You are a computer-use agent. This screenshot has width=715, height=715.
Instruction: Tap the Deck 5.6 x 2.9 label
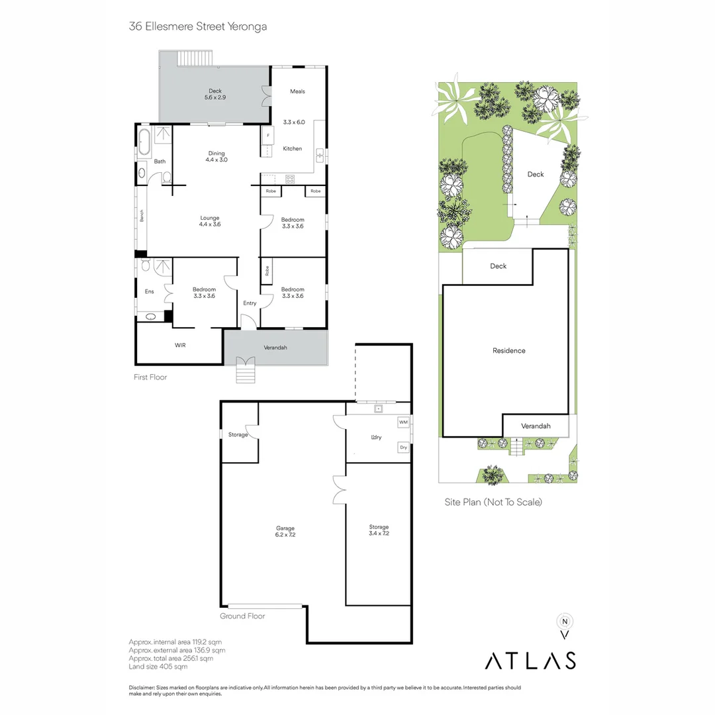[x=215, y=94]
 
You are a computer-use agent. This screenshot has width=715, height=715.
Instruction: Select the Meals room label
[x=297, y=91]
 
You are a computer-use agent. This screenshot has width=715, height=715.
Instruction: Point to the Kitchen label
[x=292, y=149]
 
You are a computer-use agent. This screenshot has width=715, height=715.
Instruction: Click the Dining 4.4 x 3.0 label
[x=216, y=156]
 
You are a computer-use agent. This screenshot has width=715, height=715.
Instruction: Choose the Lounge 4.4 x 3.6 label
[x=209, y=221]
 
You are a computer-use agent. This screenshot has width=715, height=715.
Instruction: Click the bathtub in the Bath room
[x=144, y=141]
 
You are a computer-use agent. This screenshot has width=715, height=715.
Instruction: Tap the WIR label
[x=180, y=346]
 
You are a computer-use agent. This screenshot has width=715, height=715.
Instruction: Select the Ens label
[x=150, y=292]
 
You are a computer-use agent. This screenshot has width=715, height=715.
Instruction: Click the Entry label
[x=250, y=303]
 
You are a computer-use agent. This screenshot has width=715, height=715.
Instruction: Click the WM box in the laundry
[x=403, y=422]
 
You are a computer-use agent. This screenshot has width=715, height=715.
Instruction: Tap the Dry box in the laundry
[x=403, y=448]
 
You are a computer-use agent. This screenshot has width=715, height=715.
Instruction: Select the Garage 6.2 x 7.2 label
[x=285, y=531]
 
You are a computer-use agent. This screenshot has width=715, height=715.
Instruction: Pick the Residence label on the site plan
[x=508, y=350]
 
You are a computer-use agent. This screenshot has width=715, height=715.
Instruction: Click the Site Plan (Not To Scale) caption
[x=493, y=502]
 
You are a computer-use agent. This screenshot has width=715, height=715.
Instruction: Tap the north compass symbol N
[x=565, y=622]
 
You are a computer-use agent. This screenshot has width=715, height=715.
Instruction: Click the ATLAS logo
[x=530, y=660]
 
